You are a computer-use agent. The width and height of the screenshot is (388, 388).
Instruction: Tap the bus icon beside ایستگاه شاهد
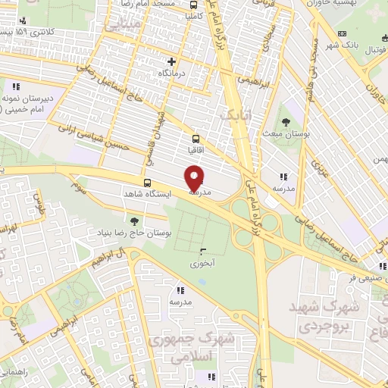point(147,183)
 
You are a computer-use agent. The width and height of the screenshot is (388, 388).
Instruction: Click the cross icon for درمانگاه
point(172,61)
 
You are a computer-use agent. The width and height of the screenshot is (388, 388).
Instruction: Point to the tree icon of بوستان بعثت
point(286,121)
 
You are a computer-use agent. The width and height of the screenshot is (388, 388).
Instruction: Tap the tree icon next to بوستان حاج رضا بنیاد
point(134,221)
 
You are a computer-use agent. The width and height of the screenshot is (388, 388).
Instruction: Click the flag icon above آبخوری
point(202,252)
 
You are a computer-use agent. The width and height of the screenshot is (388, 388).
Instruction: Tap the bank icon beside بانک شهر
point(342,34)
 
